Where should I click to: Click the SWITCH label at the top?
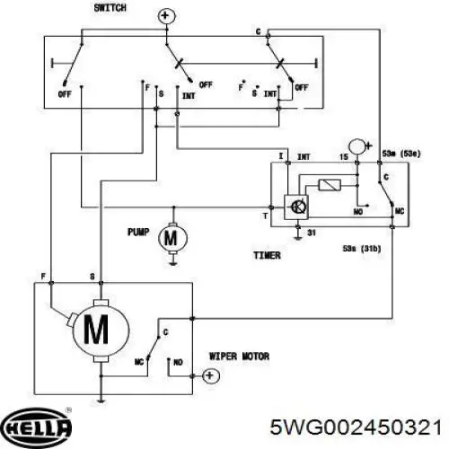point(110,8)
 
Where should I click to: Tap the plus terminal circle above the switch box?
point(166,16)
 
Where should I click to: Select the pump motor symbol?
point(172,238)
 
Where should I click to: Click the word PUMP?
point(138,232)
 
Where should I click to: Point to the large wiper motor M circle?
point(101,330)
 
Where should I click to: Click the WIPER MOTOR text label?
point(239,357)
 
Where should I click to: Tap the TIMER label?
point(268,255)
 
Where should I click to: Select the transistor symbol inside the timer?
point(296,207)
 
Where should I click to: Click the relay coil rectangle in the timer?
point(330,185)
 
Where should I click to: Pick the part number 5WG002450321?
point(356,427)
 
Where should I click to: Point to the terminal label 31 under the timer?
point(312,233)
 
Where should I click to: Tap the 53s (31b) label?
point(362,249)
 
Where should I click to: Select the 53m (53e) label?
point(401,154)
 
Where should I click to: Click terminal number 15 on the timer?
point(344,157)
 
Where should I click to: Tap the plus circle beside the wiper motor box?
point(211,375)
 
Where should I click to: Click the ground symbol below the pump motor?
point(172,264)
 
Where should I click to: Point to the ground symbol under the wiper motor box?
point(101,401)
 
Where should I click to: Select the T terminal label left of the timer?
point(265,216)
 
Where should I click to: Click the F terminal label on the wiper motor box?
point(43,277)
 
